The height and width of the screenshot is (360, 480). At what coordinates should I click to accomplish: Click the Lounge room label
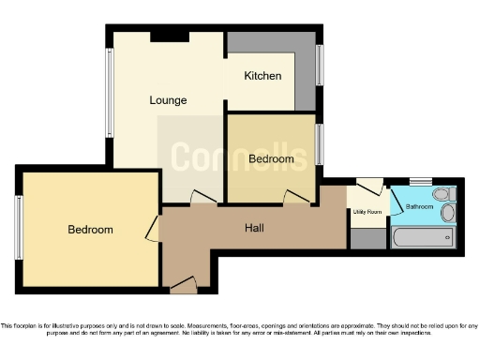click(168, 99)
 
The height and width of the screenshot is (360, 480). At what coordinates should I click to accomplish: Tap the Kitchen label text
click(262, 75)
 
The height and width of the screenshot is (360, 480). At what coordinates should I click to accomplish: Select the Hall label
click(254, 228)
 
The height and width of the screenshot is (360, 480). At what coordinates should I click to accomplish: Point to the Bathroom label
click(419, 206)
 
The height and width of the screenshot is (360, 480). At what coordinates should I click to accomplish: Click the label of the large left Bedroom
click(90, 230)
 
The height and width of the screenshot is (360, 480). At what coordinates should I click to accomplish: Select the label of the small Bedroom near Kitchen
click(271, 159)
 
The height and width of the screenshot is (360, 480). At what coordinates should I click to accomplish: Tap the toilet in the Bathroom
click(448, 194)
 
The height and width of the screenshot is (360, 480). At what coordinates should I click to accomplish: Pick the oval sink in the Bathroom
click(447, 213)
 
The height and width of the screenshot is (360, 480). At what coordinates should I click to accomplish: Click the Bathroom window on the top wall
click(421, 181)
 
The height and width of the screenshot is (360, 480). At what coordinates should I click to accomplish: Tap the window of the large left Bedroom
click(19, 225)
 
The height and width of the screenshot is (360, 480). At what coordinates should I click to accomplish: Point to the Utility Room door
click(369, 187)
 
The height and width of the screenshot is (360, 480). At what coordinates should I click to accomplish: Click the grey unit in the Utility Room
click(367, 238)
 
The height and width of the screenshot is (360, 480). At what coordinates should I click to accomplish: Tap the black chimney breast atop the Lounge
click(170, 36)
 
